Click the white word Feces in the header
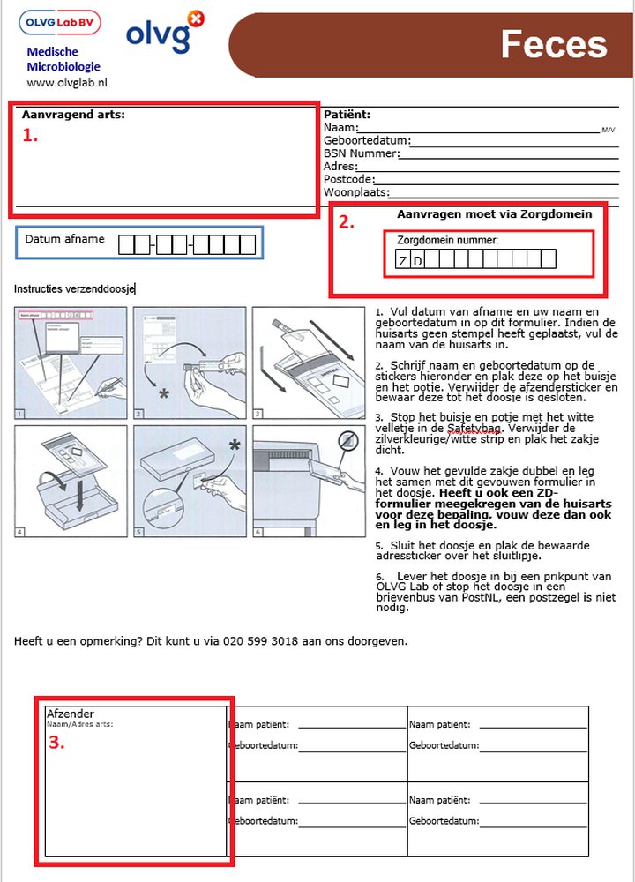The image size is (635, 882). click(554, 44)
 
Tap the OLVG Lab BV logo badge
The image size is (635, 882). click(60, 22)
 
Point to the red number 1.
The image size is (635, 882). click(30, 135)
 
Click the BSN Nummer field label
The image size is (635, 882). click(361, 153)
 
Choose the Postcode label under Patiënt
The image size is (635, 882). click(348, 179)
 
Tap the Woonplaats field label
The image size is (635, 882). click(356, 192)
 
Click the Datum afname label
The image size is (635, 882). click(64, 239)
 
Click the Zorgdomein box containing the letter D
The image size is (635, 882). click(417, 259)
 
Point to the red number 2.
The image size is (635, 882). click(347, 223)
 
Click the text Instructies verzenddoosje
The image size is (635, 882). click(74, 288)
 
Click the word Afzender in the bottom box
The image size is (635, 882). click(70, 714)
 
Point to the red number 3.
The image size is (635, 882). click(56, 743)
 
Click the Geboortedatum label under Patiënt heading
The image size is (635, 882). click(366, 140)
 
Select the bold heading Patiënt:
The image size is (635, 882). click(347, 115)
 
